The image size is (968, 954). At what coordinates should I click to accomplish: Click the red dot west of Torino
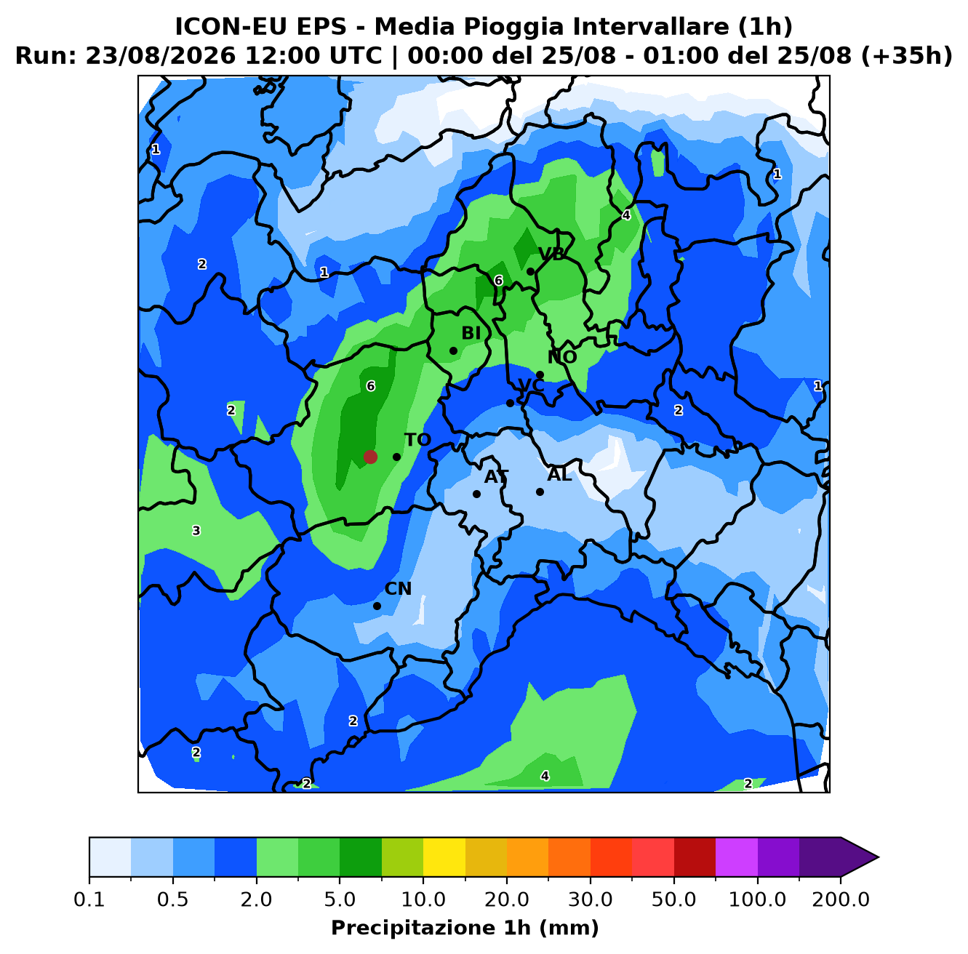tap(370, 457)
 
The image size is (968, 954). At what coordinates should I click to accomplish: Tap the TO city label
tap(417, 440)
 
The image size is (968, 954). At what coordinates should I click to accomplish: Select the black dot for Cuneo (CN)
tap(377, 606)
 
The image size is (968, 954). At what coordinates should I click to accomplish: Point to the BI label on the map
tap(471, 333)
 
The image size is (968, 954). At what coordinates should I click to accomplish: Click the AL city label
tap(559, 474)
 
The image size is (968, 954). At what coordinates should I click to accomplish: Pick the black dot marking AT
tap(476, 494)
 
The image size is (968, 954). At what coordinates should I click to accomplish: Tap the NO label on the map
tap(562, 357)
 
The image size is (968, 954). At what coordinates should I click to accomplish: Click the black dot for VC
tap(510, 403)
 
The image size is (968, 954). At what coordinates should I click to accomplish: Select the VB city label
tap(551, 254)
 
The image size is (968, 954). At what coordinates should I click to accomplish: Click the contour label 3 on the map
tap(196, 531)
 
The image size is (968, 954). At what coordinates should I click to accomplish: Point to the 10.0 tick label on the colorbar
tap(423, 899)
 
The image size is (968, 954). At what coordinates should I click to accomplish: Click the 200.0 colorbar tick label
tap(841, 899)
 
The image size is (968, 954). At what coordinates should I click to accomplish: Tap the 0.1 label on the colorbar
tap(89, 899)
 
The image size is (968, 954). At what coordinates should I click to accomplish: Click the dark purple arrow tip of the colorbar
tap(878, 857)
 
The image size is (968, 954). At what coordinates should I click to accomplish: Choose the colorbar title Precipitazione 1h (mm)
tap(465, 927)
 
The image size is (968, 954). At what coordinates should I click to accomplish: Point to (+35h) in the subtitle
tap(906, 56)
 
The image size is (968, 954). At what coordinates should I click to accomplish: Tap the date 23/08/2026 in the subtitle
tap(160, 56)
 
